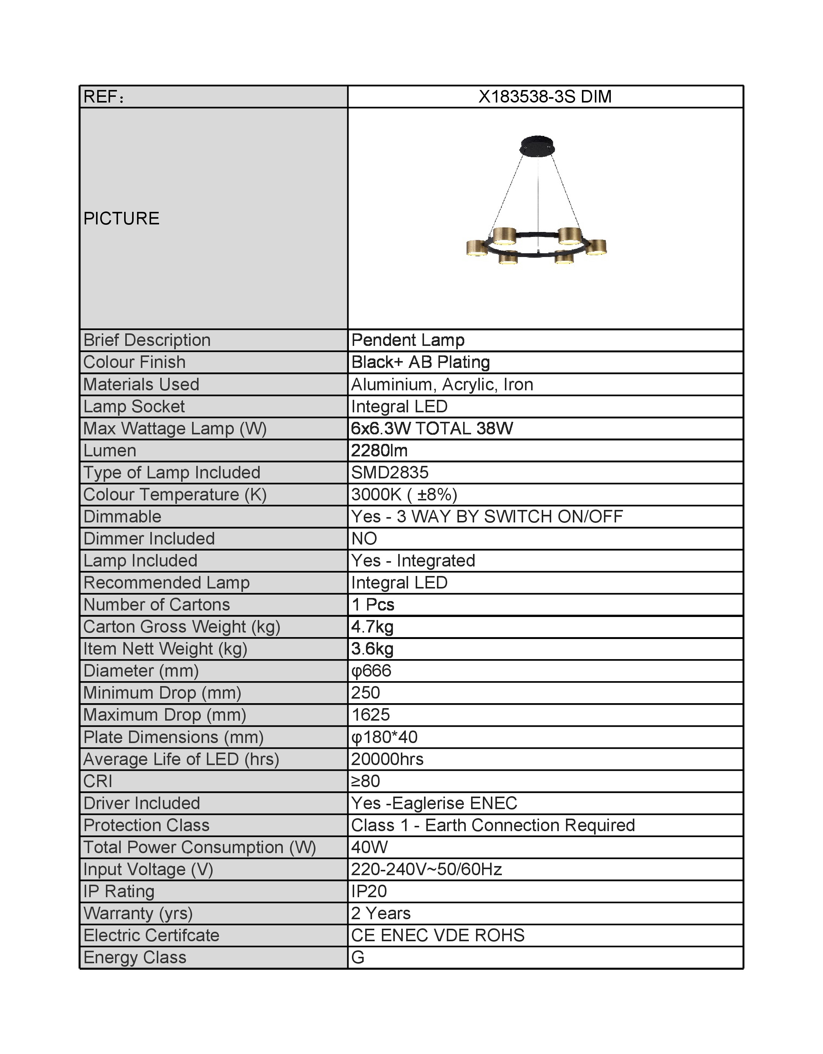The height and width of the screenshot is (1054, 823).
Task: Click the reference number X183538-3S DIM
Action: (x=545, y=97)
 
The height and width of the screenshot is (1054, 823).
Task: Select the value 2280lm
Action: (x=379, y=451)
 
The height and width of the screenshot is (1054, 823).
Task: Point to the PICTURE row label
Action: (x=121, y=219)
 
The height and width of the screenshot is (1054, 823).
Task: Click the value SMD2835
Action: (x=390, y=472)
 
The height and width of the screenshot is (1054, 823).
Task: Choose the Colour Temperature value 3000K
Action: (x=376, y=495)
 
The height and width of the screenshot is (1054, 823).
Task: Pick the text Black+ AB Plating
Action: (x=420, y=363)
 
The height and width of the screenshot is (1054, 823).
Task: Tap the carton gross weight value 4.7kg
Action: (x=372, y=627)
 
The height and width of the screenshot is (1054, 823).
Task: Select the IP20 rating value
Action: (x=369, y=891)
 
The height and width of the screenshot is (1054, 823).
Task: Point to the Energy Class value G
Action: (x=358, y=958)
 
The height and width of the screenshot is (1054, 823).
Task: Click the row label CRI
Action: (x=98, y=781)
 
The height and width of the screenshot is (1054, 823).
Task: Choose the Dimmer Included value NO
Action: (x=364, y=539)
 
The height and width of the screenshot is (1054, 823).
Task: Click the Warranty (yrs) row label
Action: (x=138, y=914)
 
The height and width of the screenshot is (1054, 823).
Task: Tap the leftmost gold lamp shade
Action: (x=477, y=248)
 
